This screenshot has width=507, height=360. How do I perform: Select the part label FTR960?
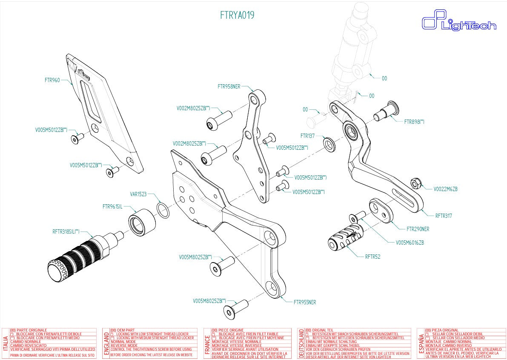[52, 80]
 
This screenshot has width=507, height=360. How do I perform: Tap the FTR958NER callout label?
[229, 86]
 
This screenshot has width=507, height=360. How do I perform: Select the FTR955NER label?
[304, 303]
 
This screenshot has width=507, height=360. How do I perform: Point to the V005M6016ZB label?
[410, 243]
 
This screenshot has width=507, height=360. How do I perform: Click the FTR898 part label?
[414, 122]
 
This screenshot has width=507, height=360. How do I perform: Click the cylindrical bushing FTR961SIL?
[142, 221]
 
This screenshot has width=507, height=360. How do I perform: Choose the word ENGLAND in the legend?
[106, 343]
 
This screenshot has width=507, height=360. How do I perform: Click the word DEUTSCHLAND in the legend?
[301, 343]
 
